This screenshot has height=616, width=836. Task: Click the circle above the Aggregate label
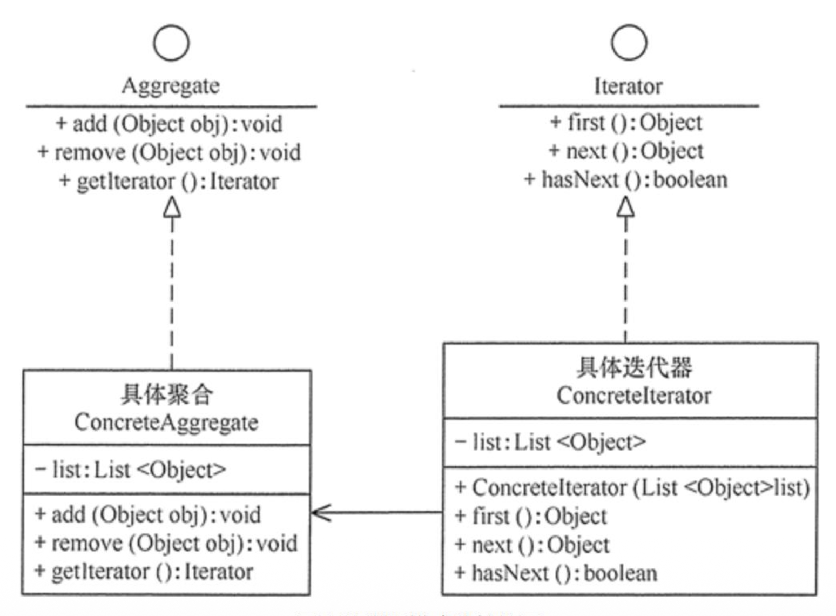click(x=171, y=43)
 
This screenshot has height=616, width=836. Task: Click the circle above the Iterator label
click(x=629, y=42)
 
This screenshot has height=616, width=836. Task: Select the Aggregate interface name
click(x=171, y=86)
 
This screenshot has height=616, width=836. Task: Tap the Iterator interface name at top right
click(x=628, y=86)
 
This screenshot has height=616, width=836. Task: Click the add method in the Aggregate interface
click(x=168, y=124)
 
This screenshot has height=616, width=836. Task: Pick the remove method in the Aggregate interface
click(x=168, y=153)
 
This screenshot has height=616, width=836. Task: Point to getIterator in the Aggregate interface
click(x=168, y=182)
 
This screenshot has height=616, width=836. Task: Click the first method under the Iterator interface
click(x=626, y=123)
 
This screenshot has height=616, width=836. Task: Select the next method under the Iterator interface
click(x=626, y=151)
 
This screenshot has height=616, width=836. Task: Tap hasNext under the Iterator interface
click(x=626, y=180)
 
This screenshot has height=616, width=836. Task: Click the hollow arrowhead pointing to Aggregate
click(x=172, y=207)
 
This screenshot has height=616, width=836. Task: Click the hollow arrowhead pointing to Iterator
click(x=625, y=207)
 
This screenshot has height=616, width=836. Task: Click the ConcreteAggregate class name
click(x=166, y=423)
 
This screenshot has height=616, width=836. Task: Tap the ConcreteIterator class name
click(x=633, y=396)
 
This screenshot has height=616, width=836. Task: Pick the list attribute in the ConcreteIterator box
click(x=550, y=443)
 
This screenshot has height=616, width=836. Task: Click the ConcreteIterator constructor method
click(x=632, y=488)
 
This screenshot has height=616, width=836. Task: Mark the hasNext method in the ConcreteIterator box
click(x=556, y=573)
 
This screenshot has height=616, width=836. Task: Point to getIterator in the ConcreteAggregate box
click(x=144, y=572)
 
